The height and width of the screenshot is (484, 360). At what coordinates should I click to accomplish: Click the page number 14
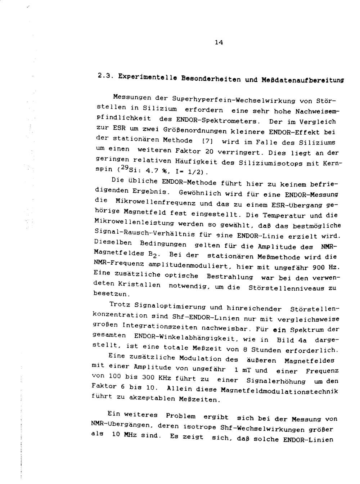(x=219, y=42)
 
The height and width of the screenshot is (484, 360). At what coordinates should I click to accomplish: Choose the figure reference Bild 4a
(x=292, y=340)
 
